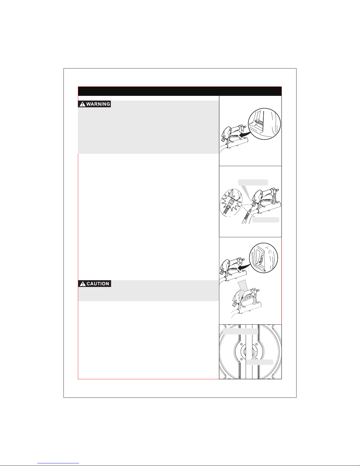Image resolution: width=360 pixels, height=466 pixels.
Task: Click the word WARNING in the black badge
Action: pyautogui.click(x=98, y=104)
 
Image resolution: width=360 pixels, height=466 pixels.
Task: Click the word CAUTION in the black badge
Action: pyautogui.click(x=98, y=284)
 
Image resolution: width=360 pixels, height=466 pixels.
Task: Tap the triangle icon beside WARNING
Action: pyautogui.click(x=82, y=104)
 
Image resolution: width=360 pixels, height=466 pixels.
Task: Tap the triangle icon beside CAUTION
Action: pyautogui.click(x=83, y=284)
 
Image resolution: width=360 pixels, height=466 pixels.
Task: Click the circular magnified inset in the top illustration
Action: pyautogui.click(x=264, y=124)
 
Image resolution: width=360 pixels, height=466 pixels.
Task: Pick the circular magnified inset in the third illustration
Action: pyautogui.click(x=264, y=258)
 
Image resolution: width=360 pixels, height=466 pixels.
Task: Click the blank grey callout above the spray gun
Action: pyautogui.click(x=253, y=182)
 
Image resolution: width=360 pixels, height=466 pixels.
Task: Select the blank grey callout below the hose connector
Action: pyautogui.click(x=266, y=220)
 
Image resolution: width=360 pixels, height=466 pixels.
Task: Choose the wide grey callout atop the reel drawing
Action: pyautogui.click(x=240, y=331)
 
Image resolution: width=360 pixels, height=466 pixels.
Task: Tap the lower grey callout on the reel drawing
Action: pyautogui.click(x=260, y=362)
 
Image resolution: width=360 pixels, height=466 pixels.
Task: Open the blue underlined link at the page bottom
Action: pyautogui.click(x=58, y=462)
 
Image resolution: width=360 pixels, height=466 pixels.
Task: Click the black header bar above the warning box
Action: pyautogui.click(x=180, y=91)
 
